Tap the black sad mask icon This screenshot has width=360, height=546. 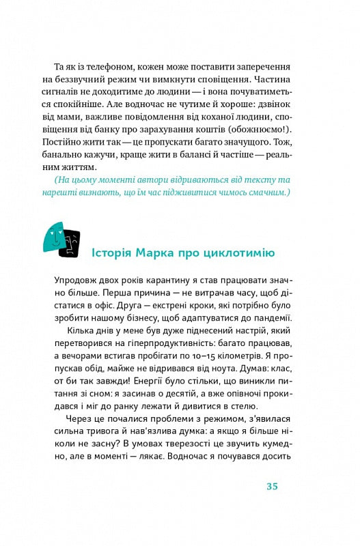[x=69, y=243]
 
